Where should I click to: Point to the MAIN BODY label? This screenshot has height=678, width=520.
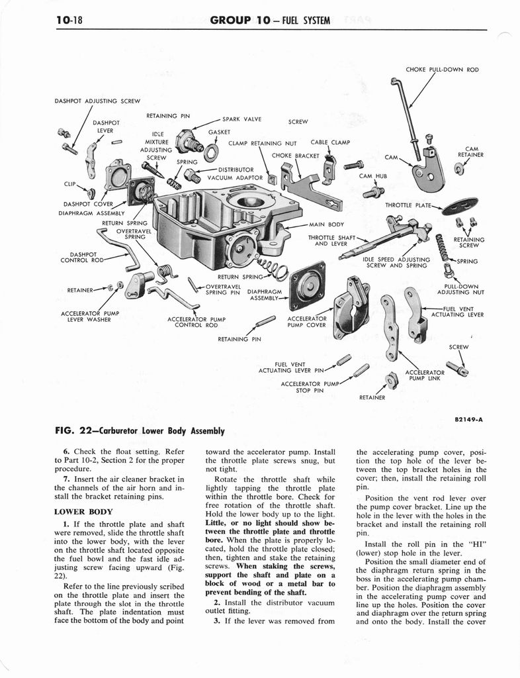pyautogui.click(x=326, y=224)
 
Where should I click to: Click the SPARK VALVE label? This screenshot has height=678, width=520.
pyautogui.click(x=242, y=119)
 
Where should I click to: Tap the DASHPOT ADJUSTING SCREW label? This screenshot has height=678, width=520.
pyautogui.click(x=97, y=101)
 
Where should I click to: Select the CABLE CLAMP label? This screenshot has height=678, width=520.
pyautogui.click(x=330, y=142)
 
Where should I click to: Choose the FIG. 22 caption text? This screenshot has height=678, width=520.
pyautogui.click(x=140, y=431)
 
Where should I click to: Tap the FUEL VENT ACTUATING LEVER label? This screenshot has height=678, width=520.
pyautogui.click(x=458, y=311)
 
